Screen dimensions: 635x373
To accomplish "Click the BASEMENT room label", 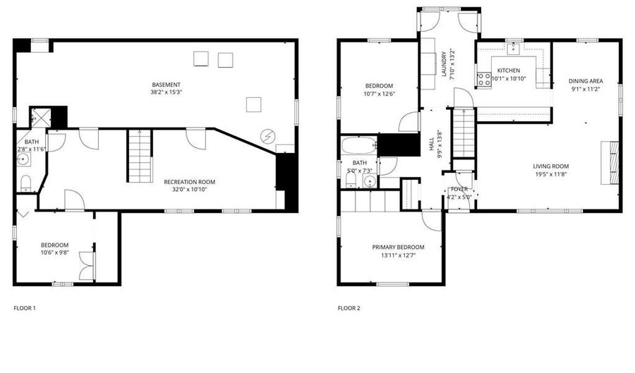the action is [166, 85].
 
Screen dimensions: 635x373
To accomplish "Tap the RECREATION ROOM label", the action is [190, 182].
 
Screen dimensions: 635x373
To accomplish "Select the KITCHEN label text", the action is [509, 71].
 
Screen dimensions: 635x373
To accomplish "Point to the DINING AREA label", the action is [586, 81].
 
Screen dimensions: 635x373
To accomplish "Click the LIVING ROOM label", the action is [551, 166].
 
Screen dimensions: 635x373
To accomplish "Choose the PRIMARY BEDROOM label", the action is [398, 247].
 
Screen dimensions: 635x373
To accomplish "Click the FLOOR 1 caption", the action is [25, 308].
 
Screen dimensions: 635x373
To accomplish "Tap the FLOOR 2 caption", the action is [349, 308].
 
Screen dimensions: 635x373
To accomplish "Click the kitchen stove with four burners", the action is [484, 80].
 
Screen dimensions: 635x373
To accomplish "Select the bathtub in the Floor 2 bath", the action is [359, 145].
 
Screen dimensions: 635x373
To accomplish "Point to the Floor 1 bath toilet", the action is [25, 183].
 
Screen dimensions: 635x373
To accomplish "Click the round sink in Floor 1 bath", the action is [23, 160].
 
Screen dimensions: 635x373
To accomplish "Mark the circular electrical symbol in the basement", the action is [267, 136].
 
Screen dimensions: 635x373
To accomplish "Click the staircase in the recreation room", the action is [140, 156].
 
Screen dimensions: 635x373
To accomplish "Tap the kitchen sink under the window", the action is [514, 49].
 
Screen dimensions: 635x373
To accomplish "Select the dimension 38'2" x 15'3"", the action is [166, 92].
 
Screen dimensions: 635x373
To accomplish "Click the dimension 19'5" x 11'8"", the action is [551, 174].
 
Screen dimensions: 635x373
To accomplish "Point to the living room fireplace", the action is [610, 163].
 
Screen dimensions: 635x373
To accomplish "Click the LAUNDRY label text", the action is [444, 64].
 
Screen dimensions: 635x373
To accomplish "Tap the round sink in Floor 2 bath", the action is [370, 182].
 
